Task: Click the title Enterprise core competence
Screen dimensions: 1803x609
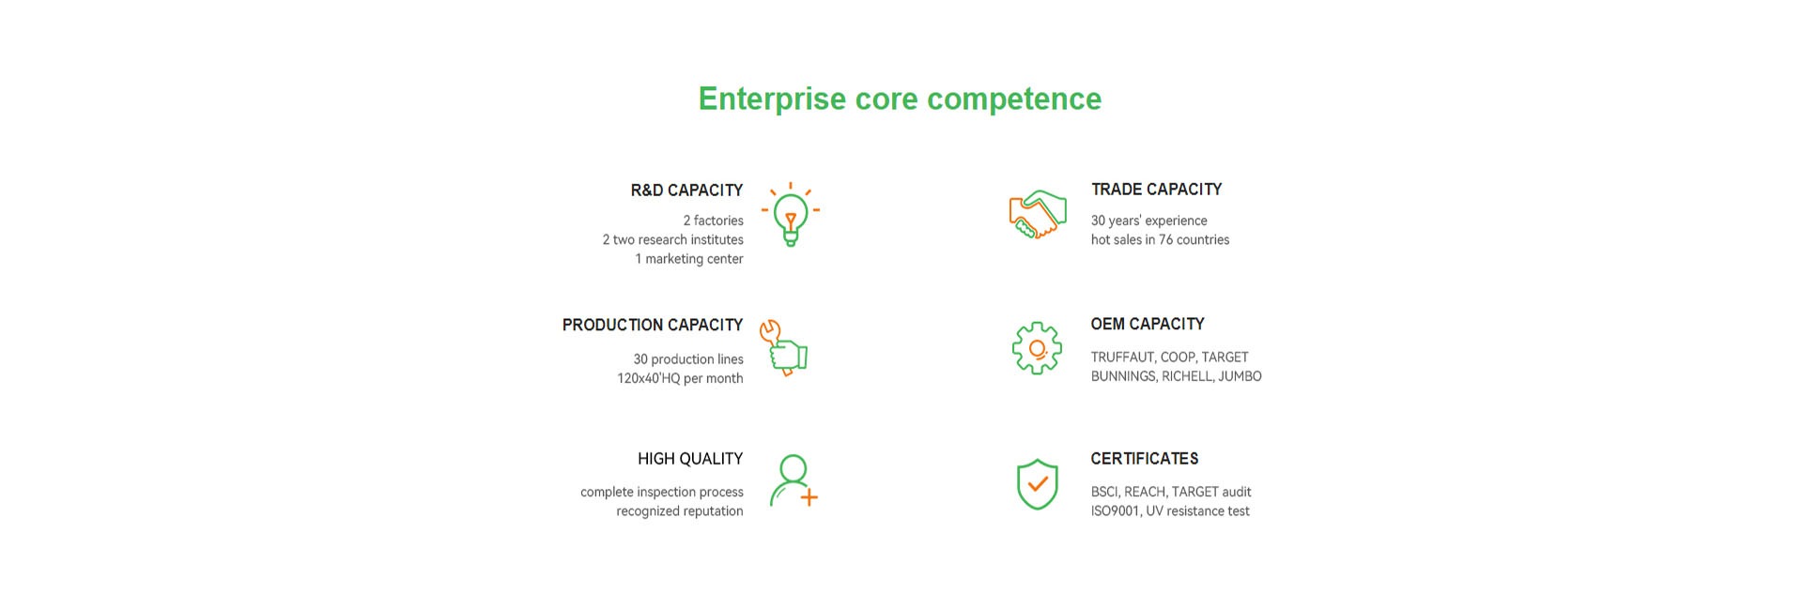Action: tap(900, 99)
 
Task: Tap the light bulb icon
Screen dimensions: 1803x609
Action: tap(791, 214)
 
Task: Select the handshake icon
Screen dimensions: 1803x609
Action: tap(1038, 215)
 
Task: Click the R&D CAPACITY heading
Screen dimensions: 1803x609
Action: tap(686, 190)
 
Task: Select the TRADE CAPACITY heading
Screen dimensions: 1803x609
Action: tap(1156, 190)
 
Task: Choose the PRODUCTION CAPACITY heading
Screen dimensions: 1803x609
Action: tap(653, 325)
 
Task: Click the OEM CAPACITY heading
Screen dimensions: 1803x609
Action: tap(1148, 324)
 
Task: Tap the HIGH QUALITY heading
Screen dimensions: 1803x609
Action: tap(690, 459)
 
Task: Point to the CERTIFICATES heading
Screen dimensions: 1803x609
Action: tap(1145, 459)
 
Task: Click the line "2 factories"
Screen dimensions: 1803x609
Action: tap(713, 221)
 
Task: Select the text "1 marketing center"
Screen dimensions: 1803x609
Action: tap(689, 259)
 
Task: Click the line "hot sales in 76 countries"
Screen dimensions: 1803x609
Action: tap(1160, 239)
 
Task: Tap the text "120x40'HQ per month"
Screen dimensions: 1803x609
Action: tap(680, 378)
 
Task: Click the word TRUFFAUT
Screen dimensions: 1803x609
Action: tap(1123, 358)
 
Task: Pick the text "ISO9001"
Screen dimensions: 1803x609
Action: tap(1115, 511)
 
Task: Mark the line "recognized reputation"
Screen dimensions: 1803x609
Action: tap(680, 511)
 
